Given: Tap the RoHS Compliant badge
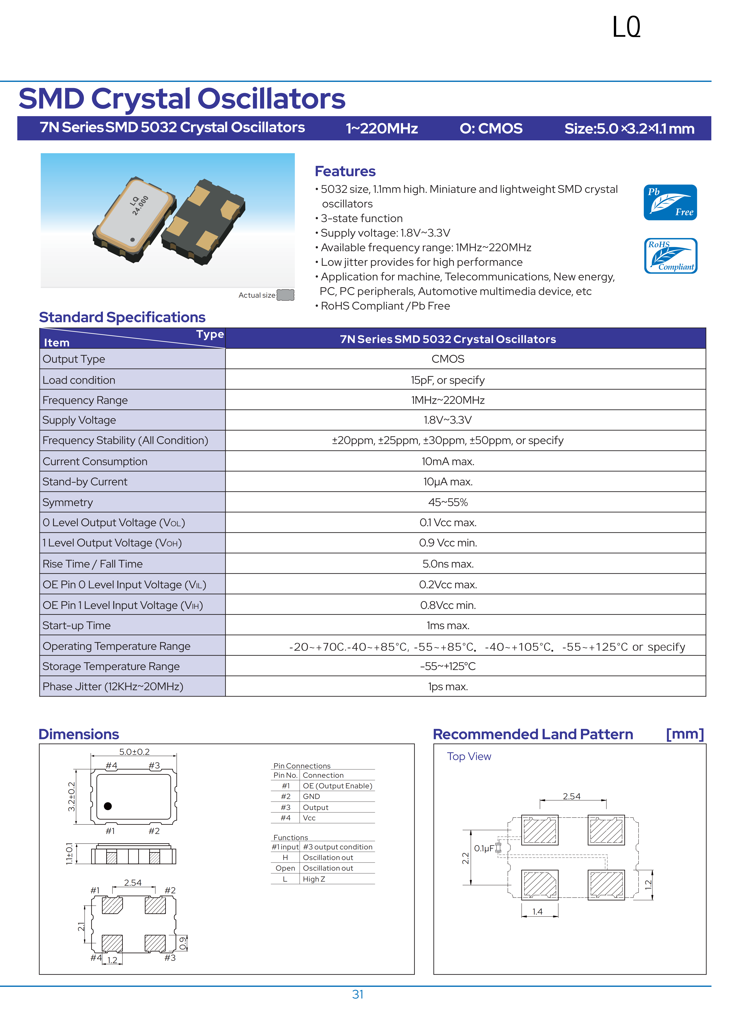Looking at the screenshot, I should [670, 256].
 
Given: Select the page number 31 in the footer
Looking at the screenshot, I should [358, 994].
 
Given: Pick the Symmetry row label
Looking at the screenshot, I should [68, 503].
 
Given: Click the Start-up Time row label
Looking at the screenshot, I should [76, 626].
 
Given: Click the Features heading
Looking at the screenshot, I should [345, 171].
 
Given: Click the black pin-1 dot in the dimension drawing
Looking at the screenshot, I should [108, 806].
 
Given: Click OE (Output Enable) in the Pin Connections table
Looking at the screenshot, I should [337, 786].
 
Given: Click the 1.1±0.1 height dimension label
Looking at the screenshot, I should [69, 853].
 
